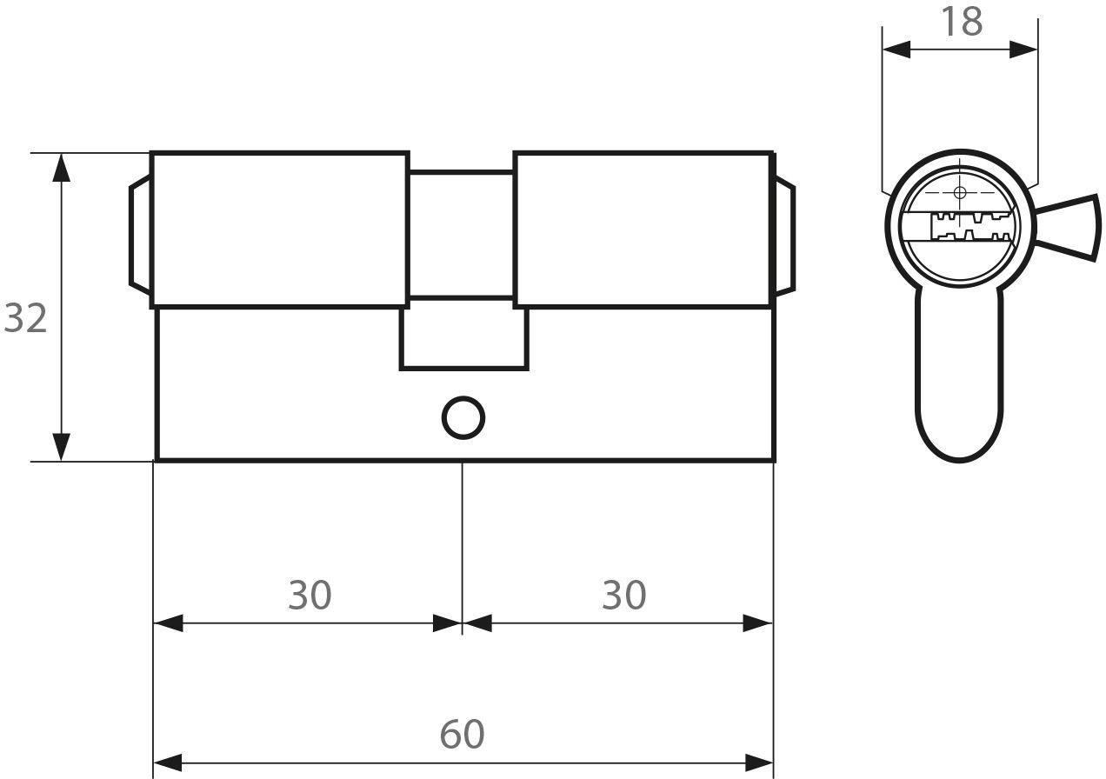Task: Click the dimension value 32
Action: [25, 318]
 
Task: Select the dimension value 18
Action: [962, 22]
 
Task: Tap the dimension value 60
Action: [463, 735]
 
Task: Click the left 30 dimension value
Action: [310, 596]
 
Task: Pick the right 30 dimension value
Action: [624, 596]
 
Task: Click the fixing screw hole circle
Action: [463, 417]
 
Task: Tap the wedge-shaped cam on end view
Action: [1067, 228]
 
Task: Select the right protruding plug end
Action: [785, 238]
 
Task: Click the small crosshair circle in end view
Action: [959, 192]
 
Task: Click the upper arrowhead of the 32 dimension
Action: [61, 168]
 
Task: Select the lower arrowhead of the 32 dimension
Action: [61, 447]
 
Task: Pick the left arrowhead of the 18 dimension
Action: [896, 50]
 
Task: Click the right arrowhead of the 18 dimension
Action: [1023, 50]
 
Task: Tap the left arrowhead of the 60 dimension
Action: [168, 762]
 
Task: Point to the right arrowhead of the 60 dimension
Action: [759, 762]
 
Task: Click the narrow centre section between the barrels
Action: [462, 235]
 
